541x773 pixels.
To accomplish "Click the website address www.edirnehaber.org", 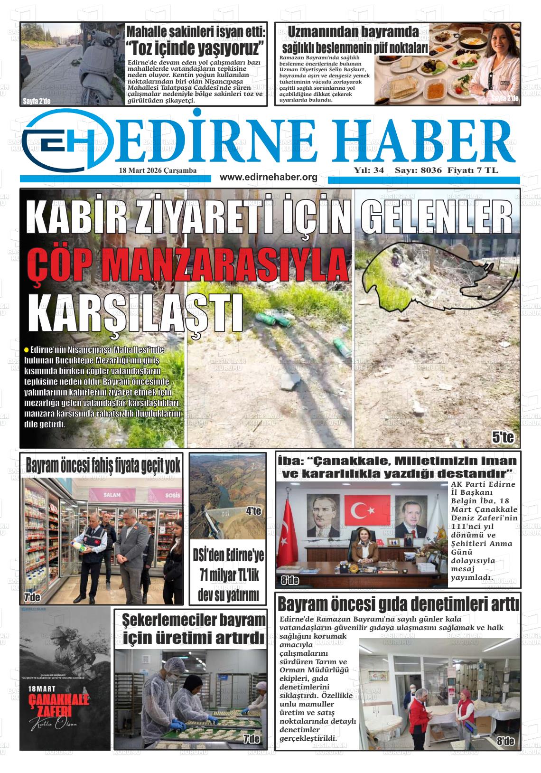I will tap(269, 177).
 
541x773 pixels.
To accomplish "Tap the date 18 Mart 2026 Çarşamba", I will tap(158, 170).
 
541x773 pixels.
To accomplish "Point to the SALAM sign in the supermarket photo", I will tap(112, 495).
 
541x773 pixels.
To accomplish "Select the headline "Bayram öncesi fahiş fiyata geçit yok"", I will tap(103, 466).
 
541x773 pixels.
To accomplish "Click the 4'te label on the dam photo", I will tap(253, 511).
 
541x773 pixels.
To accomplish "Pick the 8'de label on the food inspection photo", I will tap(505, 740).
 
